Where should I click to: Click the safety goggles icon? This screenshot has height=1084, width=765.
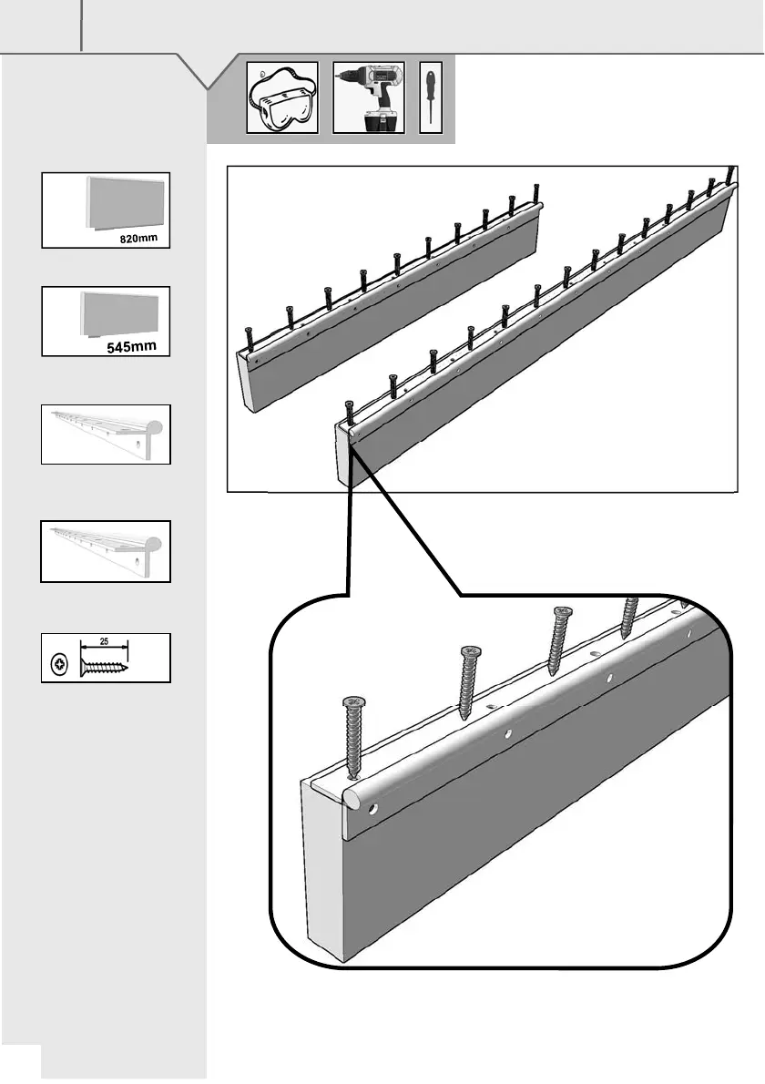click(282, 98)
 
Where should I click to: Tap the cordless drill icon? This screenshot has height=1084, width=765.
click(368, 98)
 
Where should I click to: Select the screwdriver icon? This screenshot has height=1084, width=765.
click(430, 98)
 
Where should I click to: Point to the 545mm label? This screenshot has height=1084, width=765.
click(132, 347)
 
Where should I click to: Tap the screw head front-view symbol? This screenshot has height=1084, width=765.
click(58, 665)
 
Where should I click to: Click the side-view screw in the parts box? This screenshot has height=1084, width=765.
click(105, 665)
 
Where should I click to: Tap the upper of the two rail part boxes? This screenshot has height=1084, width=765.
click(106, 435)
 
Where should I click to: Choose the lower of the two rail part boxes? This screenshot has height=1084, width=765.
click(106, 551)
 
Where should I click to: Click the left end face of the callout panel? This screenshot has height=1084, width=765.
click(323, 865)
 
